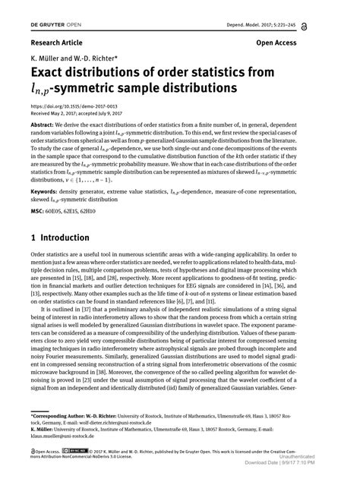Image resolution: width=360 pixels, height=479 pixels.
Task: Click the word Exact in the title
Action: coord(51,74)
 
